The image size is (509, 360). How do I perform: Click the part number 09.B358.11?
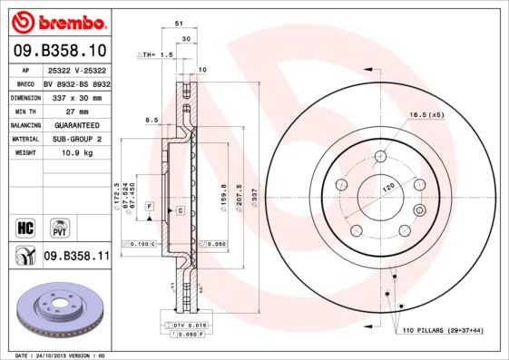76,258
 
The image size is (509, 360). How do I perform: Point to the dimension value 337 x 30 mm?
76,96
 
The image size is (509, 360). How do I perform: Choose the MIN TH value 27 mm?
76,110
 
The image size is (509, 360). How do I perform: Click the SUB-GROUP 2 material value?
76,139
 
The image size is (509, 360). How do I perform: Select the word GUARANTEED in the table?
76,124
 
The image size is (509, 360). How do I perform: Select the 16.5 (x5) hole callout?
426,115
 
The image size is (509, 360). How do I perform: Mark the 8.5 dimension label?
152,120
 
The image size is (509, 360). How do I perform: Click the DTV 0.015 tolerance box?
187,325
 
